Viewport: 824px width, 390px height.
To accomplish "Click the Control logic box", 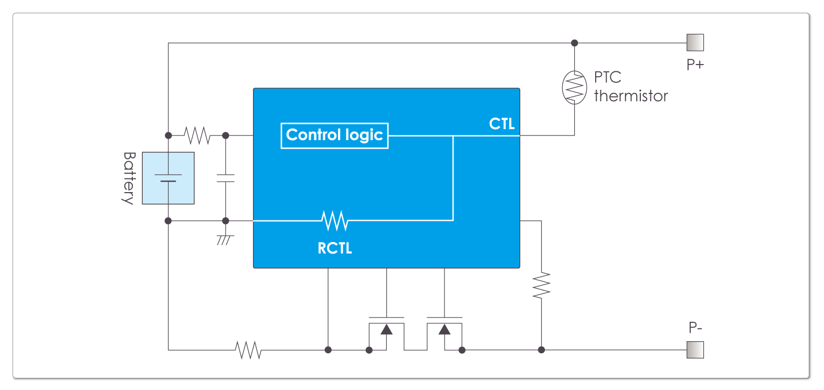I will [x=334, y=135].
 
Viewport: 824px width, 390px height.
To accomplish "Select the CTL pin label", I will [x=502, y=124].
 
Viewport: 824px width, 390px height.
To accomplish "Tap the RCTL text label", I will [x=335, y=248].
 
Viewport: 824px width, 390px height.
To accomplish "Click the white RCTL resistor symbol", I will [x=335, y=220].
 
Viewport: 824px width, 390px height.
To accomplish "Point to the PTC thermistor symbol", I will [x=574, y=88].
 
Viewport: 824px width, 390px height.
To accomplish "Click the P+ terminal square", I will [x=695, y=43].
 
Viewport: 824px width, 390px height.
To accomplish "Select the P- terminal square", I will [x=695, y=350].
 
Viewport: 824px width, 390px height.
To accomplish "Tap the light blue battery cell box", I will [x=168, y=178].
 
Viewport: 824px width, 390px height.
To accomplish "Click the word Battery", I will [x=129, y=178].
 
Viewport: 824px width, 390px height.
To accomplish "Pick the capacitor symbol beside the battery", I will [x=226, y=178].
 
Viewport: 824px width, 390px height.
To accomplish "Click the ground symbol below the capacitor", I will [x=225, y=239].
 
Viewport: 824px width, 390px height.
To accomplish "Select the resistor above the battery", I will [x=197, y=135].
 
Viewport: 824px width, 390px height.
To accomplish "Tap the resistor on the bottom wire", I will [x=248, y=350].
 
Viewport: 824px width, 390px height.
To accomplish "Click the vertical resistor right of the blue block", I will [x=541, y=286].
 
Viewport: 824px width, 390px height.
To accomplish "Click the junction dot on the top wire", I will [x=574, y=43].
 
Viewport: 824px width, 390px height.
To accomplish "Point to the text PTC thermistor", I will [x=630, y=87].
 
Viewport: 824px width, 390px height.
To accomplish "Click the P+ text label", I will [x=695, y=65].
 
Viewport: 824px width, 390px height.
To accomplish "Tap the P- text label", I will [x=695, y=328].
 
